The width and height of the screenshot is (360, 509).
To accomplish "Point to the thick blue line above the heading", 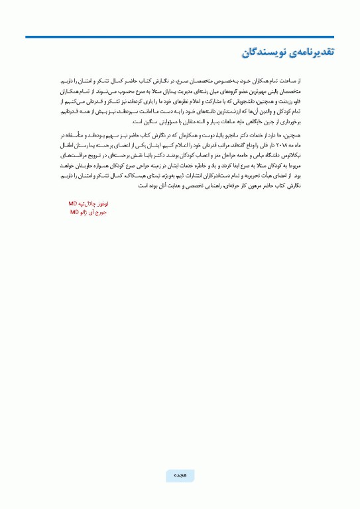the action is coord(180,38).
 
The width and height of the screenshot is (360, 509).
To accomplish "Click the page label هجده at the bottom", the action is coord(180,476).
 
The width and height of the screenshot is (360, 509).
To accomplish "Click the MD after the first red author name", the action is coord(73,204).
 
